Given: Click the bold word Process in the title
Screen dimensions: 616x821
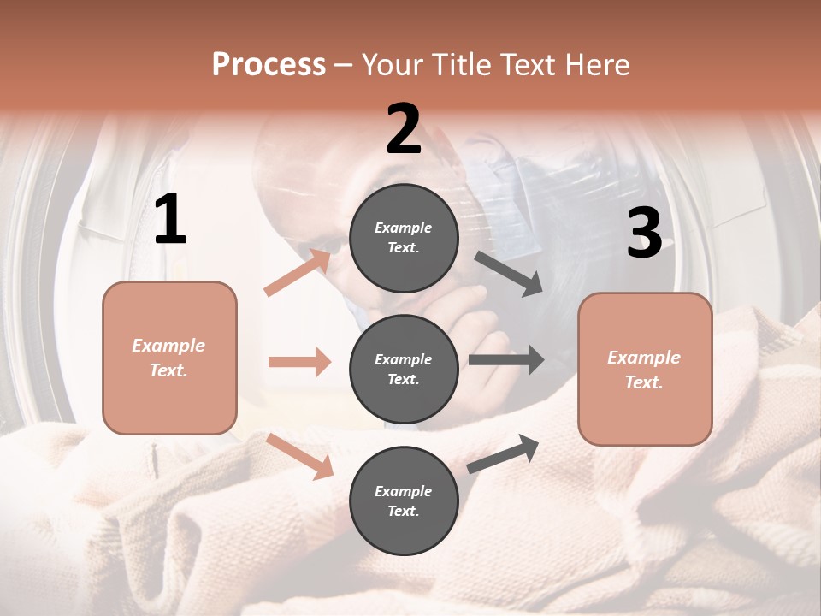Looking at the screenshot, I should point(269,65).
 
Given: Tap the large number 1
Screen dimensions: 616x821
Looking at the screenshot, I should point(170,221).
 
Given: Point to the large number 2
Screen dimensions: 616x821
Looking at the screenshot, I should point(404,130).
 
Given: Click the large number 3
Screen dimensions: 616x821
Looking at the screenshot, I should point(644,233).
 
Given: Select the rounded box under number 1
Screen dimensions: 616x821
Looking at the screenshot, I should point(169,358).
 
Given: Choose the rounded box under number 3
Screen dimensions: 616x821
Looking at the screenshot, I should point(645,370).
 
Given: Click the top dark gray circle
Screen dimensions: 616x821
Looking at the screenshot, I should point(404,238).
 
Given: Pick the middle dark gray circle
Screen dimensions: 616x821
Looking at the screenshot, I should point(404,369).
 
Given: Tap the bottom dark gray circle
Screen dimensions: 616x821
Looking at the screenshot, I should point(404,500).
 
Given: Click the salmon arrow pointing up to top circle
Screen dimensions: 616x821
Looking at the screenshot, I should point(298,272).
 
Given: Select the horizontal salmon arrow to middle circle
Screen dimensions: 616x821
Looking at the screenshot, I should point(299,362).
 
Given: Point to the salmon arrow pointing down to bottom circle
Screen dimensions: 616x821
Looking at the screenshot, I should point(299,456).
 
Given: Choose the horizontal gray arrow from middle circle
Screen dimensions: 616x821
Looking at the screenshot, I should point(505,359).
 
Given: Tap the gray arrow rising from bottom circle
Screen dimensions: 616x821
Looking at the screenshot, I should point(503,453).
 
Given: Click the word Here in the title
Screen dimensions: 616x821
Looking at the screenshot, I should point(598,65).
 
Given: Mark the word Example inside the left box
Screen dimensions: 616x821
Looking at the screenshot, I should point(168,346).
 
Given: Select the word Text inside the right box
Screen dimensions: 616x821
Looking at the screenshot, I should point(644,382).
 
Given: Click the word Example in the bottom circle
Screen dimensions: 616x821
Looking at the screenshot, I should point(403,491).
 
